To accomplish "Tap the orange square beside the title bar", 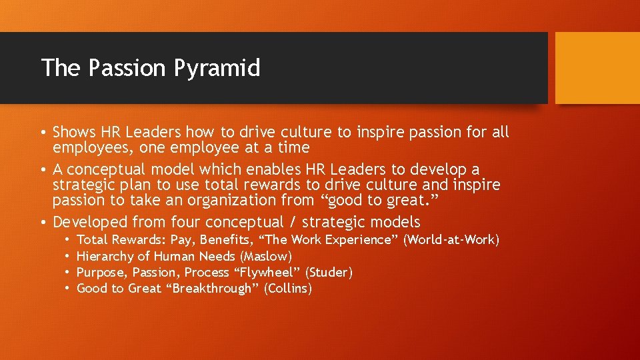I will (x=597, y=68).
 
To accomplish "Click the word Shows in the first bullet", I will (x=74, y=132).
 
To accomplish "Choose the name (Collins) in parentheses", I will (x=287, y=288).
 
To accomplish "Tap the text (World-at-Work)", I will (x=451, y=239).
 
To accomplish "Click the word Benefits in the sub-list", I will (x=225, y=239).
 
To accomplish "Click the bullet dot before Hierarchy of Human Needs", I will (x=68, y=256).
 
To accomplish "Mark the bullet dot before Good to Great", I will (x=68, y=288).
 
